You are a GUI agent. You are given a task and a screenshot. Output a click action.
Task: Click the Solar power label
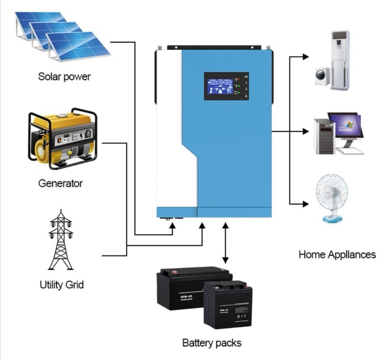64,76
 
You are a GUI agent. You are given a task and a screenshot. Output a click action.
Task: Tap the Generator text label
61,183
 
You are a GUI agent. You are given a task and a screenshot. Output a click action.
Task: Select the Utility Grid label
62,285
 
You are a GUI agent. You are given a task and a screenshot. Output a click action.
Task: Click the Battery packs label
212,343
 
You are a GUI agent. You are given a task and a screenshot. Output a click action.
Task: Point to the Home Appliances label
337,255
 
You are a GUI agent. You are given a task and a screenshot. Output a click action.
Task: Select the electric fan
332,198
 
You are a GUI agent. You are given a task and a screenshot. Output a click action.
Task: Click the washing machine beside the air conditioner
322,76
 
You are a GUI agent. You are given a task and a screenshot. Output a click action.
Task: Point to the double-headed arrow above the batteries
225,244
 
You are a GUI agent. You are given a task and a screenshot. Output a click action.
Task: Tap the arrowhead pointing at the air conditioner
305,57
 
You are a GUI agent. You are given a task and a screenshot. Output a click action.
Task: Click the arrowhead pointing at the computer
305,132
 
